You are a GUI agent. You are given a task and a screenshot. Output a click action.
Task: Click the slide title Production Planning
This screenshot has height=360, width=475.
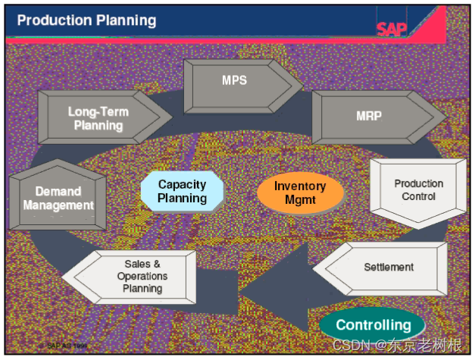pyautogui.click(x=86, y=20)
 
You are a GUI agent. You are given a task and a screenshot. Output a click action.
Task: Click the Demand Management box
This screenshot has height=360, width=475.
pyautogui.click(x=58, y=198)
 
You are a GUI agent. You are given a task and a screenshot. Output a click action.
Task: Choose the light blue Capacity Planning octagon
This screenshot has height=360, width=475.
pyautogui.click(x=182, y=191)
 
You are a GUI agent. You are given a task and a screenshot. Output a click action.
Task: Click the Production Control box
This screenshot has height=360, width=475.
pyautogui.click(x=418, y=190)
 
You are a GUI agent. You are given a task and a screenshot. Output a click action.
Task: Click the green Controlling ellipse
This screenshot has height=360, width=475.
pyautogui.click(x=373, y=325)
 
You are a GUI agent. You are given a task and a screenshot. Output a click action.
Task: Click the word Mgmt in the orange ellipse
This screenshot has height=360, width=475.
pyautogui.click(x=300, y=201)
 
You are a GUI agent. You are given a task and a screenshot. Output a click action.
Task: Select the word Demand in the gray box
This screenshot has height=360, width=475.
pyautogui.click(x=58, y=191)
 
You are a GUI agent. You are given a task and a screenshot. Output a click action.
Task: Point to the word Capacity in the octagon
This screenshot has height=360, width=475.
pyautogui.click(x=182, y=184)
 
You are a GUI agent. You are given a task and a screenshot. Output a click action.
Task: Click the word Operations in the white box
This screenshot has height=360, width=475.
pyautogui.click(x=142, y=276)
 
